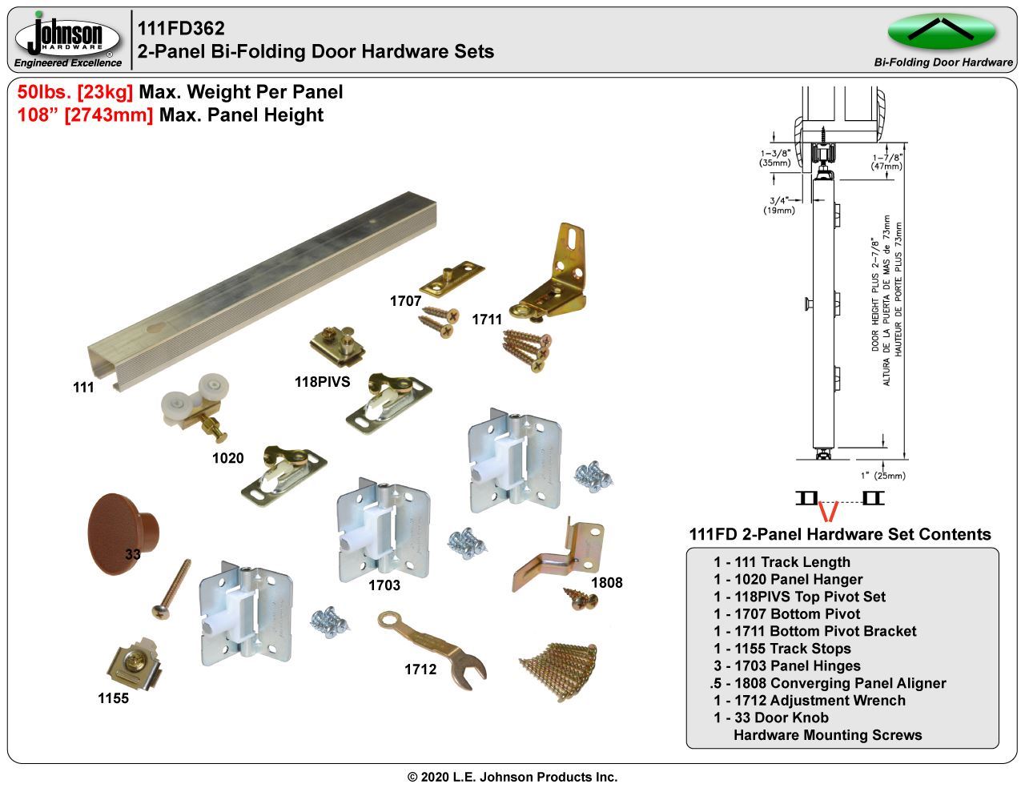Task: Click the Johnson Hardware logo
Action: tap(68, 38)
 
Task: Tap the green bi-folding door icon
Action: tap(942, 31)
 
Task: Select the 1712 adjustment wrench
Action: tap(433, 649)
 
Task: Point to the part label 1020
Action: tap(227, 459)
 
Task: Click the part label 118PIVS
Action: tap(322, 382)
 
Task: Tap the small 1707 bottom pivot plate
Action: tap(452, 276)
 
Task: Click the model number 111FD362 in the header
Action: tap(181, 29)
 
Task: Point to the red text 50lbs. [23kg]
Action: tap(75, 93)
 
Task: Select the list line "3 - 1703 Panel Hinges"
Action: tap(786, 665)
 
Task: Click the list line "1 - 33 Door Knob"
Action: tap(770, 718)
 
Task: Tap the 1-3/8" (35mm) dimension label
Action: tap(774, 158)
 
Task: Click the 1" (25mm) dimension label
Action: tap(883, 475)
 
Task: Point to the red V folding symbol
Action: tap(830, 509)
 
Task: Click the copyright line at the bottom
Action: tap(512, 777)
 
